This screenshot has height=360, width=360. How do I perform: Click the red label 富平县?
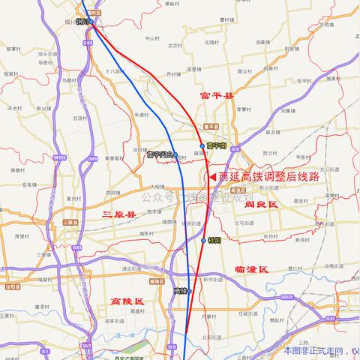217,96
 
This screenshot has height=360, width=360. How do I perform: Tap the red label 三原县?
119,214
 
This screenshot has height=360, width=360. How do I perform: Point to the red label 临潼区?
250,268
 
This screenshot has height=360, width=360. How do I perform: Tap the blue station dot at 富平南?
202,145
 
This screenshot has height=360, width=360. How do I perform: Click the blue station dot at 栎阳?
203,241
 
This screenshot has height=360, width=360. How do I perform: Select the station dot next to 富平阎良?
175,155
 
